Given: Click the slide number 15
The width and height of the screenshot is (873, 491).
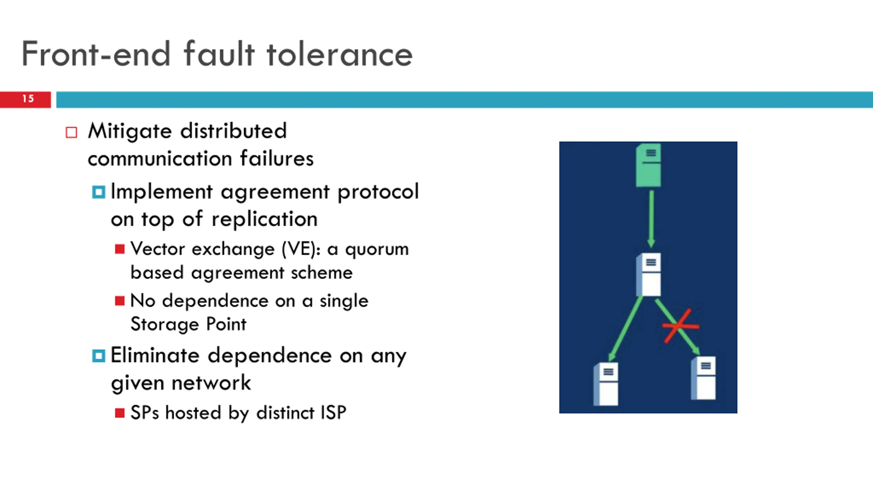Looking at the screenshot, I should pyautogui.click(x=28, y=99).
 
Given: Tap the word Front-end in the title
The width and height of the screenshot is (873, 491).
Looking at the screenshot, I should pyautogui.click(x=96, y=55).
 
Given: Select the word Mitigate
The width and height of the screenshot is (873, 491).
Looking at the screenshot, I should pyautogui.click(x=130, y=132).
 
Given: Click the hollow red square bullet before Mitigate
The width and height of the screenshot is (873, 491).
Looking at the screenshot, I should pyautogui.click(x=71, y=132).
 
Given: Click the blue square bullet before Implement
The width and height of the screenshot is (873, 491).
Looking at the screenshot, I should pyautogui.click(x=99, y=192).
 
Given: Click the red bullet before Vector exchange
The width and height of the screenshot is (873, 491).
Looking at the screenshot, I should pyautogui.click(x=120, y=249).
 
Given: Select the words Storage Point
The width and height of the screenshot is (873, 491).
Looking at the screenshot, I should pyautogui.click(x=188, y=324).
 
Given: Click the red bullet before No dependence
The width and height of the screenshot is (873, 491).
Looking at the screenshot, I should pyautogui.click(x=120, y=301).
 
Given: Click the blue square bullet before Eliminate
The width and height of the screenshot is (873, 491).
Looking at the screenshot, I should pyautogui.click(x=99, y=356).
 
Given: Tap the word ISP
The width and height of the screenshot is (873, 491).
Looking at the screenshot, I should pyautogui.click(x=333, y=413).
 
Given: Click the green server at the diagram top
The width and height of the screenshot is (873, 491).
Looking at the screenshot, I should pyautogui.click(x=649, y=165).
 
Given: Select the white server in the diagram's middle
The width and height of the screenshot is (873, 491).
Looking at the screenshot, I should pyautogui.click(x=649, y=274).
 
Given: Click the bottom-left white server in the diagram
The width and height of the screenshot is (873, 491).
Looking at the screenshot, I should pyautogui.click(x=606, y=384).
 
